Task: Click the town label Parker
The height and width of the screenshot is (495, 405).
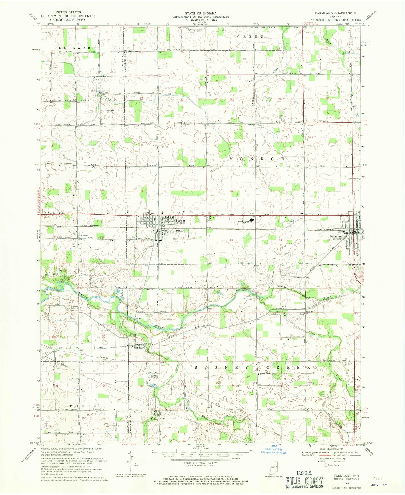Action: pyautogui.click(x=181, y=220)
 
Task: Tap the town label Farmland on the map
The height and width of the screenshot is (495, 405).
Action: pyautogui.click(x=336, y=236)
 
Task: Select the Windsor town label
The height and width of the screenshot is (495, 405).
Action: pyautogui.click(x=139, y=347)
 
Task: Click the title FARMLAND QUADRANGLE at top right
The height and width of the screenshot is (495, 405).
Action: pyautogui.click(x=335, y=13)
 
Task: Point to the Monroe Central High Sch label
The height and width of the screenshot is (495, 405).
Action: pyautogui.click(x=244, y=222)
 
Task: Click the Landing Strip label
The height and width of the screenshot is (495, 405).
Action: pyautogui.click(x=291, y=221)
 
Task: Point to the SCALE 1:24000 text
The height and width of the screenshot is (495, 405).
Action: pyautogui.click(x=201, y=448)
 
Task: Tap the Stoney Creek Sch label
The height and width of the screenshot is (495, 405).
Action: pyautogui.click(x=264, y=374)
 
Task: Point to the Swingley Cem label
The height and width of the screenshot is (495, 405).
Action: pyautogui.click(x=155, y=377)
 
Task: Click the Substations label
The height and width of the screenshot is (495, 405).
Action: pyautogui.click(x=83, y=235)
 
